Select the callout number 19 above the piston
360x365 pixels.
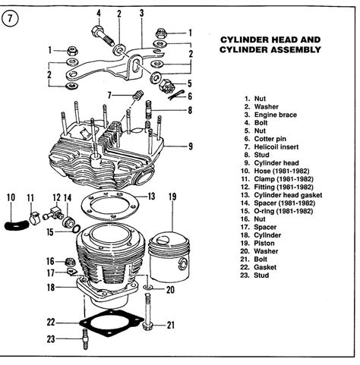tap(172, 198)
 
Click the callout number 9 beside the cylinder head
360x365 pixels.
tap(191, 146)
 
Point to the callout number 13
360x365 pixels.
tap(151, 196)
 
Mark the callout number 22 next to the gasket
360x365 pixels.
tap(50, 321)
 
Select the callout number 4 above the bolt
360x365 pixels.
tap(99, 13)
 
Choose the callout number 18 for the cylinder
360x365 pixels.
tap(50, 288)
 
